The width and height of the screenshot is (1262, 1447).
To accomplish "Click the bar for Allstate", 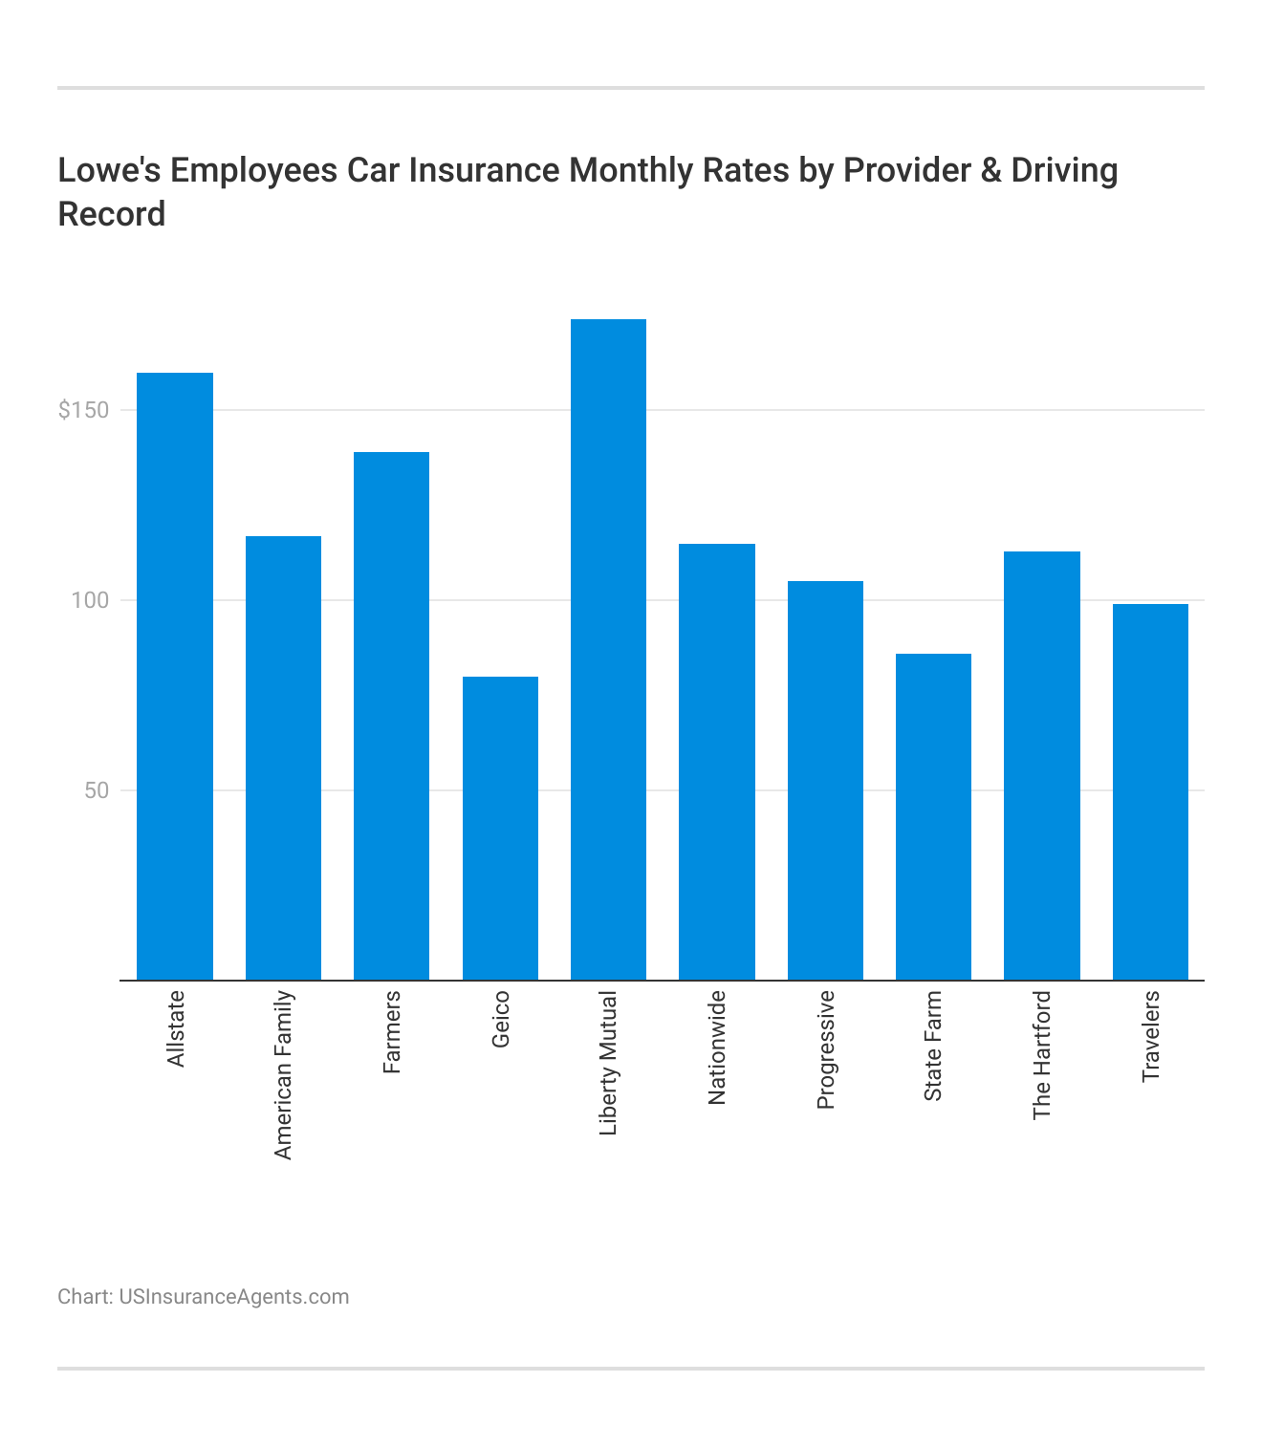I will coord(175,676).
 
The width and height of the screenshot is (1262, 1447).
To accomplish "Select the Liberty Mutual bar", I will coord(608,650).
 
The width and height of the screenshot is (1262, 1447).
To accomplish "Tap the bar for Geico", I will coord(500,828).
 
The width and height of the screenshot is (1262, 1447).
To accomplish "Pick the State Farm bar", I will coord(933,816).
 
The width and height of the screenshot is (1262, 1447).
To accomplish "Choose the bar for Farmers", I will coord(391,716).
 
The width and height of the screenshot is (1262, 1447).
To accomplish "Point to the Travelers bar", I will coord(1150,791).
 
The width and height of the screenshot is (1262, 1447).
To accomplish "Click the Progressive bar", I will coord(825,780).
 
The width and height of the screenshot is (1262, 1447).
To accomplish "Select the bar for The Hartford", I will coord(1041,766).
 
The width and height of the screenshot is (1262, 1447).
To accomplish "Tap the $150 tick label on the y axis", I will coord(84,410).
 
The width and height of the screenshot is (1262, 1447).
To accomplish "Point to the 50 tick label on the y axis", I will coord(97,790).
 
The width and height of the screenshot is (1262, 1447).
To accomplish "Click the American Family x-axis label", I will coord(283,1075).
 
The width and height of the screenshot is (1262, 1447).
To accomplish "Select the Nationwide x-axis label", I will coord(717,1047).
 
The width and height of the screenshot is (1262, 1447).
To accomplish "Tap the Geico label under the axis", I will coord(500,1019).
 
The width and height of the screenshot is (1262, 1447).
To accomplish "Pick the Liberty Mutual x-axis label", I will coord(608,1063).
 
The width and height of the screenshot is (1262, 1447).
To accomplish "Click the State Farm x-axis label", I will coord(933,1046).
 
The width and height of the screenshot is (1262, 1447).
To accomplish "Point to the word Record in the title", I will coord(112,214).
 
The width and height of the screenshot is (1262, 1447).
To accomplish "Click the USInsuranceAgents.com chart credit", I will coord(233,1297).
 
